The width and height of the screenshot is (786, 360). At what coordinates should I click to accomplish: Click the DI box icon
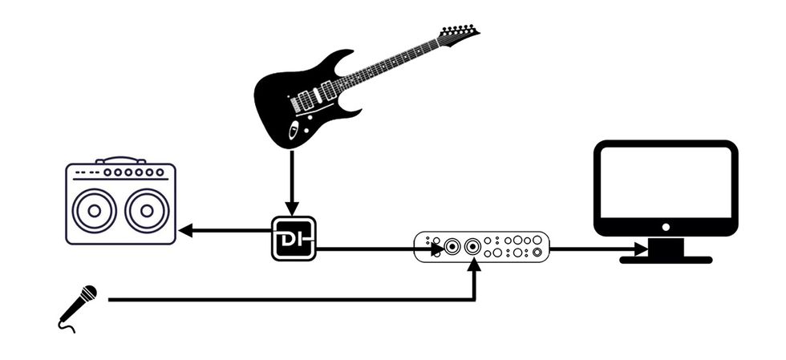[x=294, y=238]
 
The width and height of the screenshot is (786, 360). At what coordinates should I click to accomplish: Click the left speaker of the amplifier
[x=94, y=211]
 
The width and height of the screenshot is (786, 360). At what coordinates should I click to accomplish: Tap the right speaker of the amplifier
[x=147, y=211]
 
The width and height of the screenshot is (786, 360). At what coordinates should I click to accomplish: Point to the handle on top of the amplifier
[x=120, y=160]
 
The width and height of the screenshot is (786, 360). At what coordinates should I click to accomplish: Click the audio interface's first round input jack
[x=453, y=247]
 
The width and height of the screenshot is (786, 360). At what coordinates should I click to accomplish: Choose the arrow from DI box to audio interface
[x=377, y=249]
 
